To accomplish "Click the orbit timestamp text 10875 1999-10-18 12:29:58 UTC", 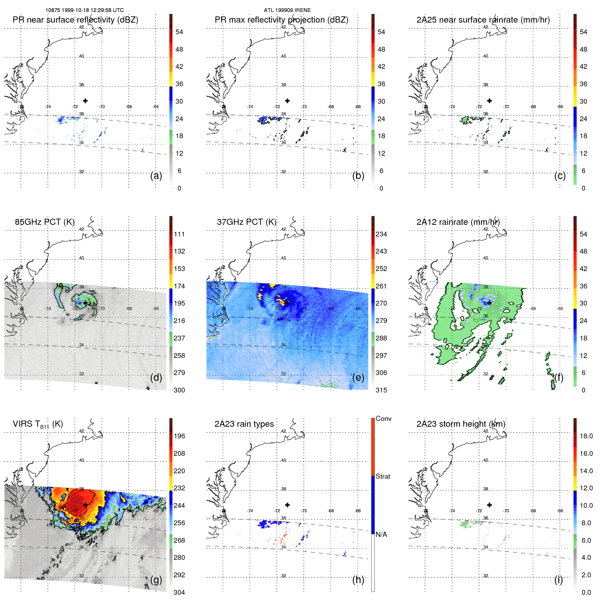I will [85, 10].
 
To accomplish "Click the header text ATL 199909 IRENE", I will [287, 10].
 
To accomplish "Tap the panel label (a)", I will [156, 176].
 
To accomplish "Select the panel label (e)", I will [358, 377].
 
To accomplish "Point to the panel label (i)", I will [558, 580].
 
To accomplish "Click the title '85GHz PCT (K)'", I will [44, 222].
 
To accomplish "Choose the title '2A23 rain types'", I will [244, 424].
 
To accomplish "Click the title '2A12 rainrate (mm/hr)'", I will [458, 222].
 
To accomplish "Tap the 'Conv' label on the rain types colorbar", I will [383, 418].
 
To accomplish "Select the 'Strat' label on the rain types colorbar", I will [383, 476].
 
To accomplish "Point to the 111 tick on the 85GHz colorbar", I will [179, 234].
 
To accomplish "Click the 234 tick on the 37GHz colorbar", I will [381, 234].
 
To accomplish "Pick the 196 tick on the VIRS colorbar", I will [179, 436].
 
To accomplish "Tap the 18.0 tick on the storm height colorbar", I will [586, 436].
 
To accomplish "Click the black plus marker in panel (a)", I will [85, 101].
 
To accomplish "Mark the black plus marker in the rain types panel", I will [287, 505].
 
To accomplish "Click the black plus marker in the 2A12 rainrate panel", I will [489, 303].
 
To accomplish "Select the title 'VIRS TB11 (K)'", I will [38, 424].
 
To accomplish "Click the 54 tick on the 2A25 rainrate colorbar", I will [583, 32].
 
